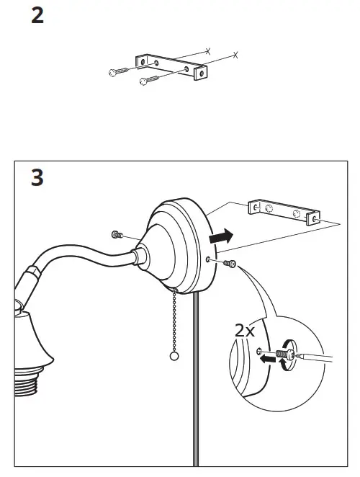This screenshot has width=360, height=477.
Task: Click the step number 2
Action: tap(37, 16)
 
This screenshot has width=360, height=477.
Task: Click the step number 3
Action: tap(37, 177)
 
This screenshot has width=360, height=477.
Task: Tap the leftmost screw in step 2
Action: tap(117, 71)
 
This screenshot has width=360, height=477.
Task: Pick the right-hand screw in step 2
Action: tap(149, 79)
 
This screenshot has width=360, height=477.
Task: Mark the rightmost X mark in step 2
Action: tap(235, 55)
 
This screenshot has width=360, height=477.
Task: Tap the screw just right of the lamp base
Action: tap(230, 264)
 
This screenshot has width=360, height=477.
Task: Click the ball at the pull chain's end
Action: tap(173, 357)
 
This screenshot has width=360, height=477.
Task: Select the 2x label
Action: tap(245, 331)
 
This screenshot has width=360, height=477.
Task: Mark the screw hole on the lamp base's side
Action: tap(208, 259)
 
